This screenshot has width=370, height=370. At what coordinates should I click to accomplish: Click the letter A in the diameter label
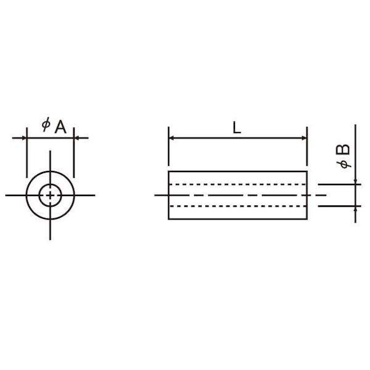tap(60, 127)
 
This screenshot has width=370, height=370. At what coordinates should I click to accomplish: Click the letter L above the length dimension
tap(237, 128)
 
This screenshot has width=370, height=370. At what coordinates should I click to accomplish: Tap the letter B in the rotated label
tap(343, 149)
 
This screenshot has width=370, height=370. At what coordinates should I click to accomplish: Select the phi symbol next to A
tap(46, 124)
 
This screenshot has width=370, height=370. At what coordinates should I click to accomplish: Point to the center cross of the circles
tap(50, 195)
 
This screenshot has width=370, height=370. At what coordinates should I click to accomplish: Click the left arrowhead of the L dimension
tap(171, 138)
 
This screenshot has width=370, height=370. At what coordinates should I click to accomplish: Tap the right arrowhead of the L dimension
tap(304, 138)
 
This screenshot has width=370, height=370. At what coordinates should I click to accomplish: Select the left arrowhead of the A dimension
tap(24, 138)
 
